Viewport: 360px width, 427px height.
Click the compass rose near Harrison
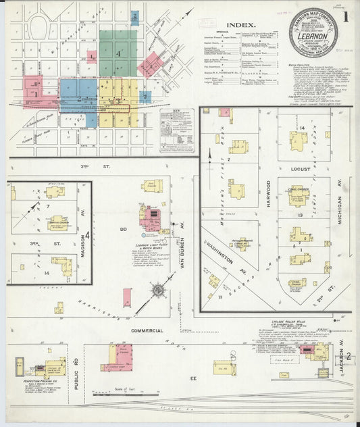click(157, 291)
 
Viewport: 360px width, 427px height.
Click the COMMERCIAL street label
click(147, 330)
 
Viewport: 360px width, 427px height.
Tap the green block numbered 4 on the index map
click(118, 53)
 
